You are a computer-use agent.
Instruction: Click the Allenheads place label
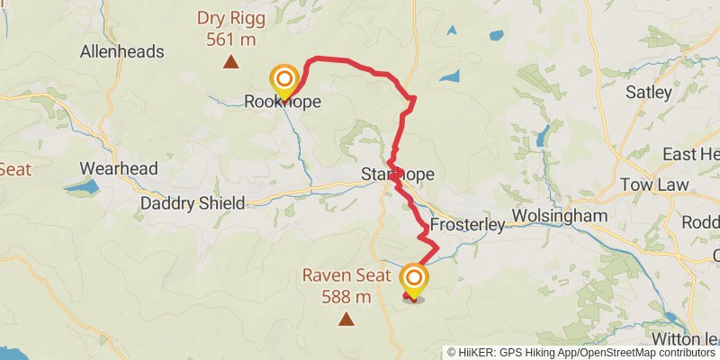(122, 51)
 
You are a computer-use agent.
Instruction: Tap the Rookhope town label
(283, 103)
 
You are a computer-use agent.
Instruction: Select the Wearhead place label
(119, 168)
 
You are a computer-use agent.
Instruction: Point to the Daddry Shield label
(193, 203)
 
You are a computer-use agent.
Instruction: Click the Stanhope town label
(397, 173)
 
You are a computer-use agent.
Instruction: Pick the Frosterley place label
(466, 223)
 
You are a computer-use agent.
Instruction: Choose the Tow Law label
(654, 184)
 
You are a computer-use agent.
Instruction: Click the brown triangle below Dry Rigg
(231, 62)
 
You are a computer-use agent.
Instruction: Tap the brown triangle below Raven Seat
(346, 319)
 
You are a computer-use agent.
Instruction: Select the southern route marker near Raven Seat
(414, 280)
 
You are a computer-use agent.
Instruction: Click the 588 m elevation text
(346, 297)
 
